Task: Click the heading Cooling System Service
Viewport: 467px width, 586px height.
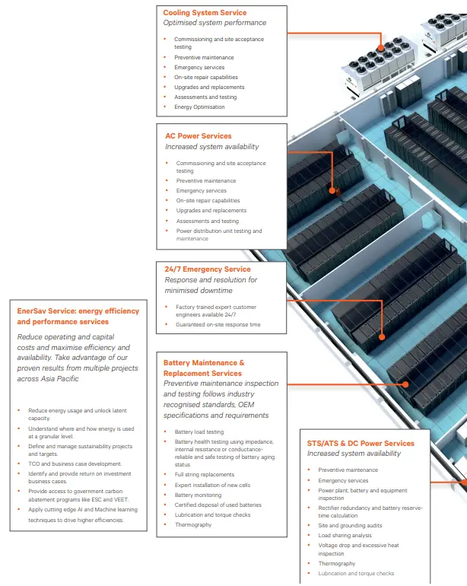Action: click(204, 13)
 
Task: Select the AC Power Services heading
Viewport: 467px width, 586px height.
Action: click(198, 136)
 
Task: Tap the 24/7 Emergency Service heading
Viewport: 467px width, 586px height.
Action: click(207, 269)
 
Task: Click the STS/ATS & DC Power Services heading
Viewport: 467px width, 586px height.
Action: click(361, 443)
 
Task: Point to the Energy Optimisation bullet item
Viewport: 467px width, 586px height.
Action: click(199, 107)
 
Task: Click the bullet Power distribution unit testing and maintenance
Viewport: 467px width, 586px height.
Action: click(218, 234)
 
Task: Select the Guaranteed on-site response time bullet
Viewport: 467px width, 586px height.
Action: click(218, 325)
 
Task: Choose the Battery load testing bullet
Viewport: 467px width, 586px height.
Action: click(199, 432)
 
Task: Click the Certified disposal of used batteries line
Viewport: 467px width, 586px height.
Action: click(218, 505)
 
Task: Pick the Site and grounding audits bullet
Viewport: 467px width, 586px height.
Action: click(348, 525)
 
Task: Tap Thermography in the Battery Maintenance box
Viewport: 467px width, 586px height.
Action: click(193, 524)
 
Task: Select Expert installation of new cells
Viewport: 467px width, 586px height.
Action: click(212, 485)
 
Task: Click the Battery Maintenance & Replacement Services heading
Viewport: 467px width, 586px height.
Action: click(204, 368)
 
